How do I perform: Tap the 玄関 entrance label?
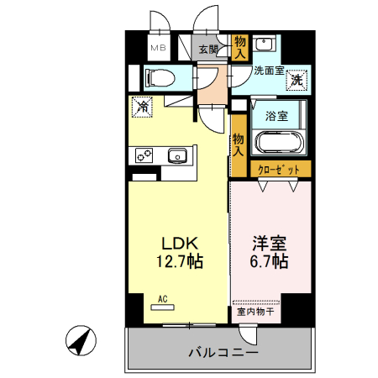(207, 49)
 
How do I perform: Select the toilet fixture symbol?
(160, 79)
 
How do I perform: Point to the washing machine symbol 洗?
(297, 81)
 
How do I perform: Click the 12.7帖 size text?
(178, 261)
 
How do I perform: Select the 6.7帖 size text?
(270, 261)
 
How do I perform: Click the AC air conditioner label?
(161, 299)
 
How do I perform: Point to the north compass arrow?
(81, 342)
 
